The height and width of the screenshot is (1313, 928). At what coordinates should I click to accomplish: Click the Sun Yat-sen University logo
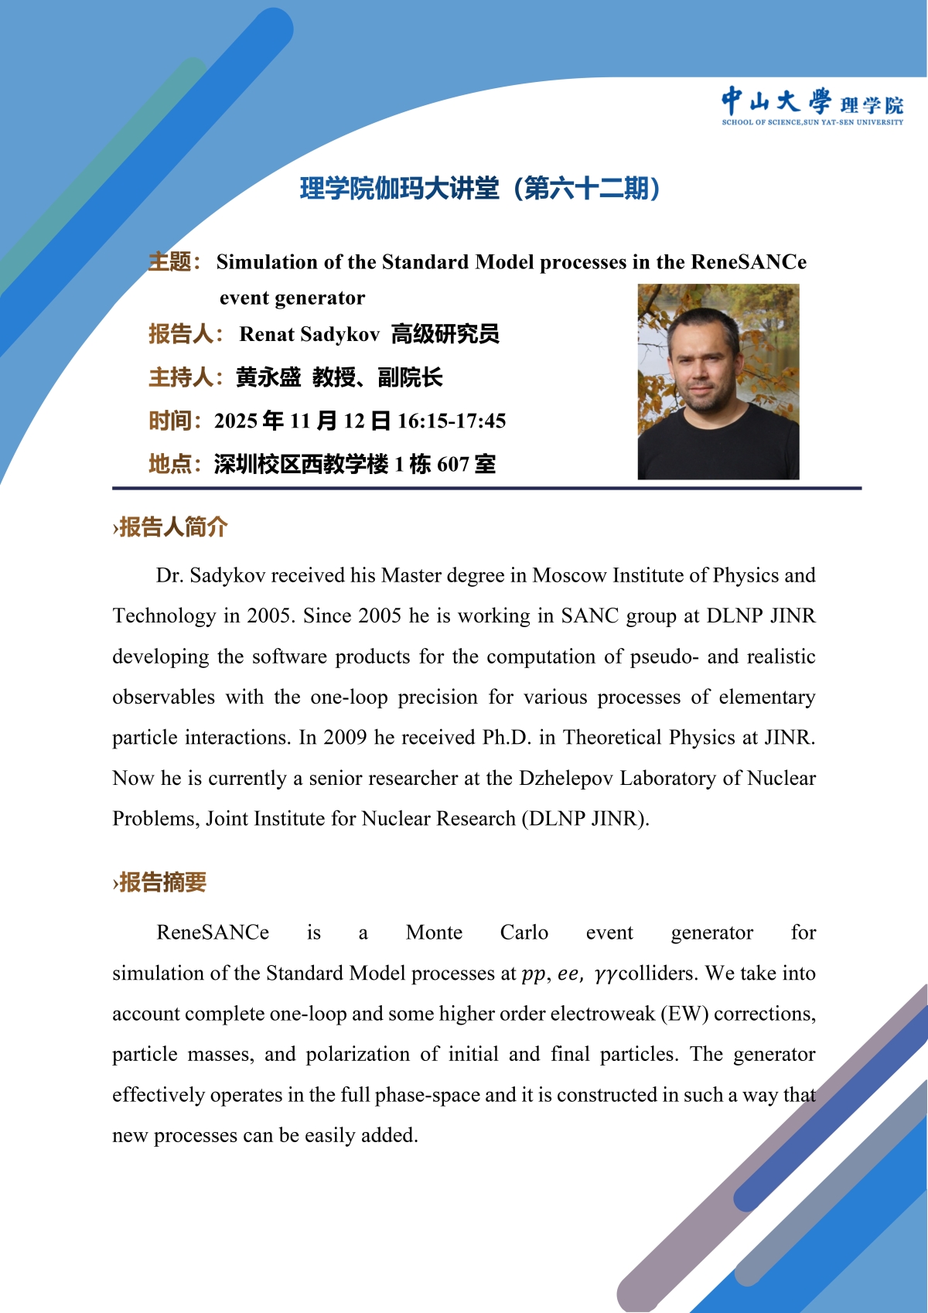[812, 106]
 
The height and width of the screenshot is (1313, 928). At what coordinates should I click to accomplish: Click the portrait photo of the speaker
[718, 382]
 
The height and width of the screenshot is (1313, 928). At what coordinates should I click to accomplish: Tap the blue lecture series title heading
[479, 188]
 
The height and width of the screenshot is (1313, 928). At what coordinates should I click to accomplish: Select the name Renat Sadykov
[309, 334]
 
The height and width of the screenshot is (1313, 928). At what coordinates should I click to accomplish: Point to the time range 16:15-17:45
[452, 421]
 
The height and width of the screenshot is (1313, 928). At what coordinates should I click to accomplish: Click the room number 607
[453, 464]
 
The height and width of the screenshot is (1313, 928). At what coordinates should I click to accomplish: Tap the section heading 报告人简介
[172, 527]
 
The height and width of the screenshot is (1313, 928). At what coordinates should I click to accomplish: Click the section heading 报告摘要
[162, 882]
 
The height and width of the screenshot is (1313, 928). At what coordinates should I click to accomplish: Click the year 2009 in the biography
[345, 737]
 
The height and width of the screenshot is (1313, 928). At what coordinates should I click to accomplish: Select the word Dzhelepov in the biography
[565, 778]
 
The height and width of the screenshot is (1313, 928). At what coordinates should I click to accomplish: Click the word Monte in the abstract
[434, 933]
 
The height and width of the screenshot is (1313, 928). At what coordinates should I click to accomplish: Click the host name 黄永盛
[268, 377]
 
